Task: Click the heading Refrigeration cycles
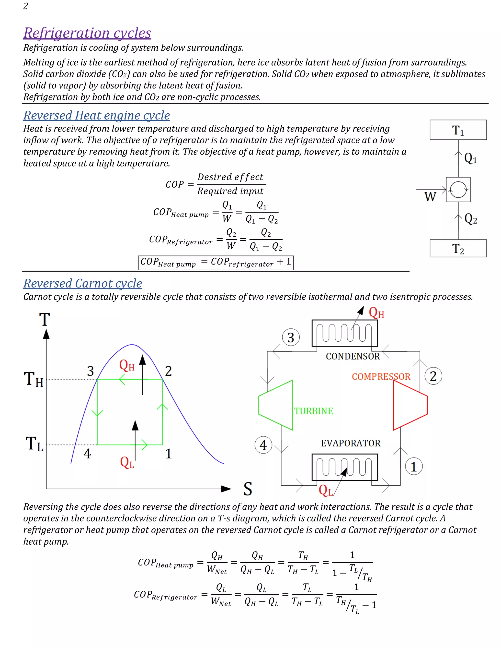click(87, 33)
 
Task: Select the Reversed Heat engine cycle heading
click(97, 115)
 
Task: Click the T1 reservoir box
click(458, 130)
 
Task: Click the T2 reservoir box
click(458, 248)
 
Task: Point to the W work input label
click(430, 197)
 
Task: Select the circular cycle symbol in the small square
click(458, 190)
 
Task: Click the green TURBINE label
click(313, 411)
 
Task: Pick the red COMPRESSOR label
click(381, 376)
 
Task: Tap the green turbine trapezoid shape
click(276, 405)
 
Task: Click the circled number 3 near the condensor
click(291, 337)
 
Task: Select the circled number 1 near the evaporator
click(414, 467)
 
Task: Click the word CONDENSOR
click(353, 356)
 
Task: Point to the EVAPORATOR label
click(351, 443)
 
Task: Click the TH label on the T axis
click(34, 379)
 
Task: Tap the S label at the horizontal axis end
click(248, 489)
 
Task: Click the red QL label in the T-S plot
click(127, 463)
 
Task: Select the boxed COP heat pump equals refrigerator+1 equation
click(216, 263)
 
